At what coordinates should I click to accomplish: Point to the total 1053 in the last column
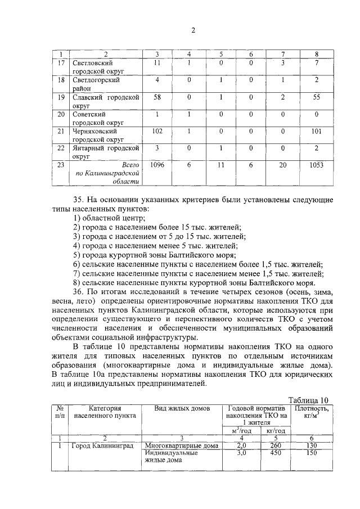(317, 165)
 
